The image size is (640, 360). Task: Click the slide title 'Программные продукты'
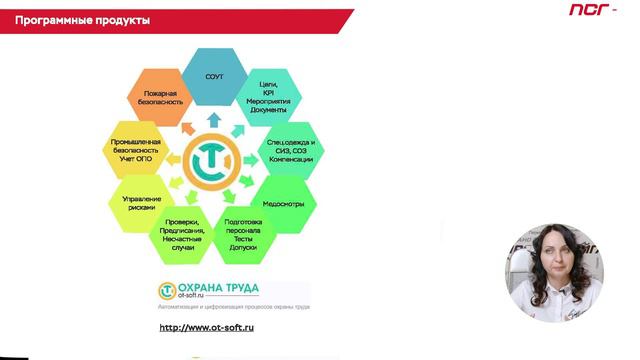point(83,20)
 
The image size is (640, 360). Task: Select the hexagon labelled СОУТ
point(214,77)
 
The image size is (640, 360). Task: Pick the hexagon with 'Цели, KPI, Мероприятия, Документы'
point(267,96)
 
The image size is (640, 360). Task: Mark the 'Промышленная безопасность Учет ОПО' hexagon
point(138,150)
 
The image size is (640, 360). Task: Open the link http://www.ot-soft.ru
point(207,328)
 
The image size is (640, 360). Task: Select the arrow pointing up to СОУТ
point(214,120)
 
